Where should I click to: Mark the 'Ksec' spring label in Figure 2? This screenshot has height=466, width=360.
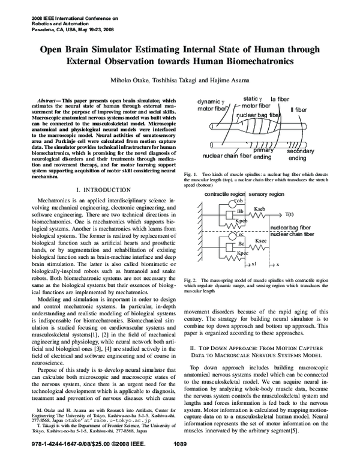pyautogui.click(x=261, y=241)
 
